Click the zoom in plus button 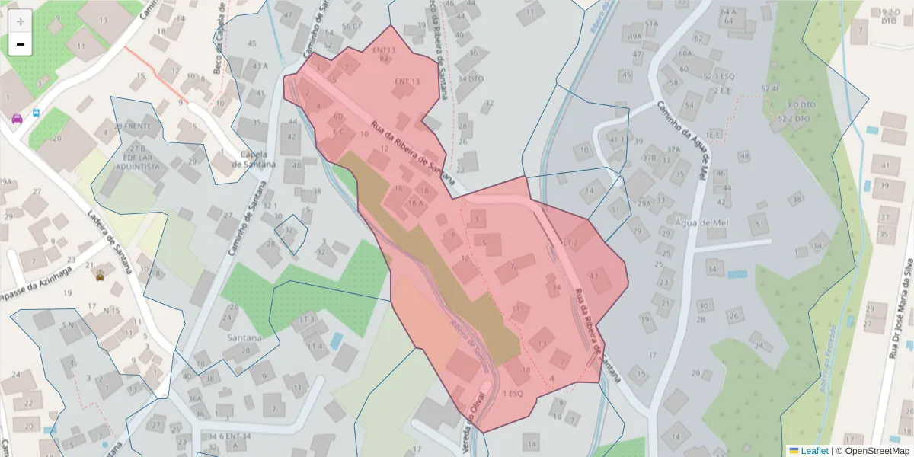click(x=21, y=21)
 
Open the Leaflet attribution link click(x=814, y=451)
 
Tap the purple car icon click(x=17, y=118)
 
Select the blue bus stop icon click(x=36, y=114)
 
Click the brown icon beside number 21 click(x=100, y=276)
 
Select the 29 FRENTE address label click(x=133, y=126)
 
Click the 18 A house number click(x=414, y=203)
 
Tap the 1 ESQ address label click(x=513, y=394)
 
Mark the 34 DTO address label click(x=471, y=78)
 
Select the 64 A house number click(x=728, y=11)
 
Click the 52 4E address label click(x=771, y=89)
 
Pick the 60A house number click(x=685, y=53)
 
